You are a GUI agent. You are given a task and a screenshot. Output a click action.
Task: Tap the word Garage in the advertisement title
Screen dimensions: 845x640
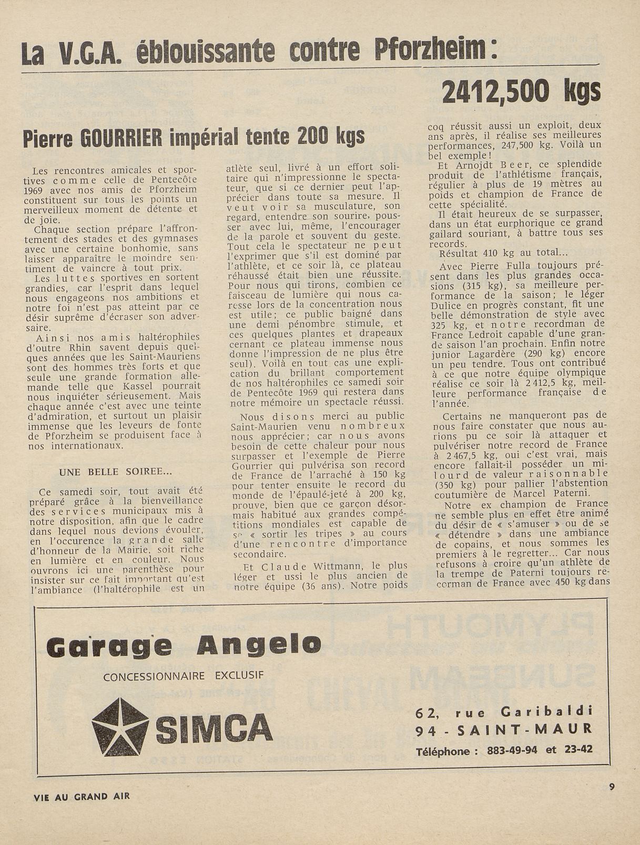point(109,646)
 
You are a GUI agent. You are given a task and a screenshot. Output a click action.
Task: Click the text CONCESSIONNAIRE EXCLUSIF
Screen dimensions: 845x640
point(184,676)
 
